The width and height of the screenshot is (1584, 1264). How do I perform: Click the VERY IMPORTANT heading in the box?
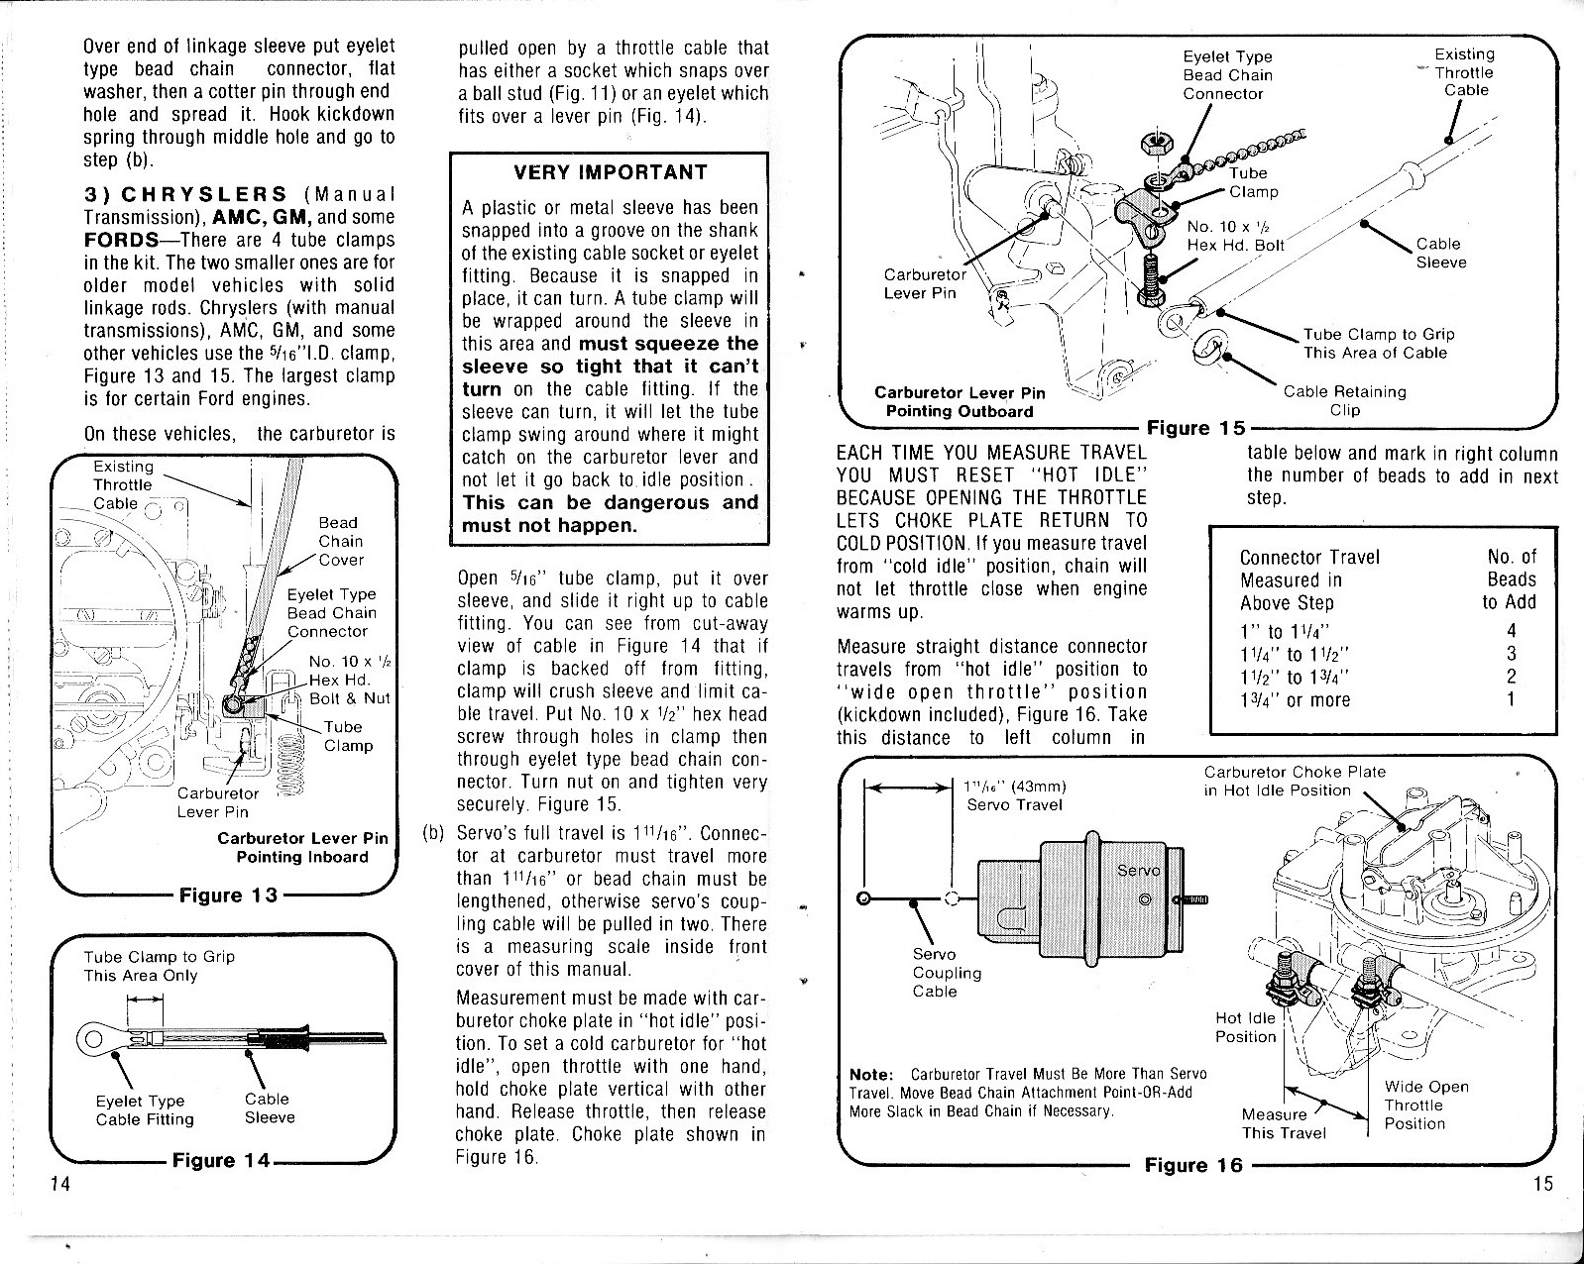(x=610, y=172)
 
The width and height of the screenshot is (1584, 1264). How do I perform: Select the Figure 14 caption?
(x=221, y=1160)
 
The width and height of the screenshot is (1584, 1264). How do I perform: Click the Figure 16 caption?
(x=1192, y=1165)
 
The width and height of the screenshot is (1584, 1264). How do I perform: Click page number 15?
(x=1542, y=1183)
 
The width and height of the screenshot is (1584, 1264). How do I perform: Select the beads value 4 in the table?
(x=1511, y=631)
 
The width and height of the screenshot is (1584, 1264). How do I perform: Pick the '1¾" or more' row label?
(x=1295, y=699)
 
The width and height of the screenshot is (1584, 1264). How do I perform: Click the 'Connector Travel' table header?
(x=1308, y=557)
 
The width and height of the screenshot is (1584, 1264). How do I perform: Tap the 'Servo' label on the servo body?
(x=1137, y=870)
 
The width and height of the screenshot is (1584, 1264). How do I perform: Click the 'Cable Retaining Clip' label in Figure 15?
(x=1344, y=400)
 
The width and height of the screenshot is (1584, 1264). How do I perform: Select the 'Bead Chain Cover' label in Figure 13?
(x=340, y=541)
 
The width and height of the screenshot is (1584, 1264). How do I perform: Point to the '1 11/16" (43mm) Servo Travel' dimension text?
(x=1014, y=795)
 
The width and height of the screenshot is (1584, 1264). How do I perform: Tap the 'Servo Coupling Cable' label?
(x=946, y=973)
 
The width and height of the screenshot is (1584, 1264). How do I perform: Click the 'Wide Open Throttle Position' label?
(x=1425, y=1105)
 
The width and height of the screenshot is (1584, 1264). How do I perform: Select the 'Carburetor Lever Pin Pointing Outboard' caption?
(x=959, y=401)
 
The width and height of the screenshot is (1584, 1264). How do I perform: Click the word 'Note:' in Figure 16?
(x=872, y=1075)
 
